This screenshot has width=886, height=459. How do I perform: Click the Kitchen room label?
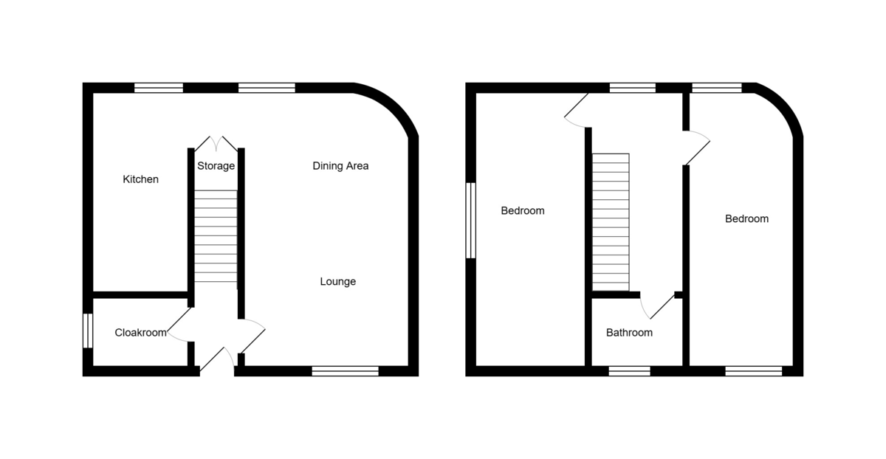coord(140,179)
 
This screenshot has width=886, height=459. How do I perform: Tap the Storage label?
coord(216,166)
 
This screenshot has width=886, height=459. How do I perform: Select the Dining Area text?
coord(340,166)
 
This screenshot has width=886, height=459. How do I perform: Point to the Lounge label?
coord(338,281)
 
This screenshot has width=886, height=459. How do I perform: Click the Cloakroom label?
coord(140,333)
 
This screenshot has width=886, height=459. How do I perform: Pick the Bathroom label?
coord(629,333)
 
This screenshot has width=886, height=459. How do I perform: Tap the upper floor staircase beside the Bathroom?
coord(611,222)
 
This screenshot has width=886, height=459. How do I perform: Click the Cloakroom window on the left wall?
coord(87,331)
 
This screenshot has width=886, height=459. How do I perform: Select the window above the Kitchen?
coord(159,88)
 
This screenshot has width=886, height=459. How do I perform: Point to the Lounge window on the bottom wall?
coord(345,371)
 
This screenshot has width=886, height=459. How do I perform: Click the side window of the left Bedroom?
coord(470,220)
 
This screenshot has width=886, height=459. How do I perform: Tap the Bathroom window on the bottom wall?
coord(629,371)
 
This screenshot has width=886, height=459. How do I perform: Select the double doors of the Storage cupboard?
coord(216,143)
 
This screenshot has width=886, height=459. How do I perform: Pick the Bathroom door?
coord(657,306)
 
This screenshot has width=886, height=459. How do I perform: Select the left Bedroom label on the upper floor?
coord(523,211)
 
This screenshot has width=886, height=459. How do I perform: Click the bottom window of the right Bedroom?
coord(753,371)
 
